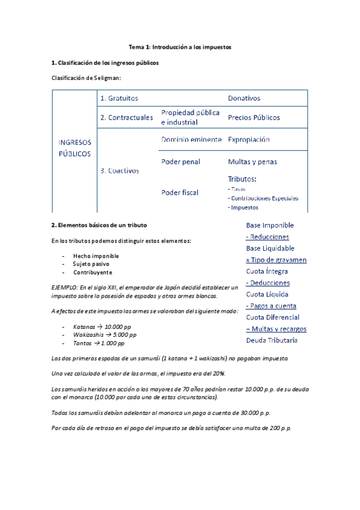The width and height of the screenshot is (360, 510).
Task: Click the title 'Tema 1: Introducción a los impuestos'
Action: click(x=180, y=46)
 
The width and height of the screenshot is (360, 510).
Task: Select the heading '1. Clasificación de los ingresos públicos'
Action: click(x=106, y=62)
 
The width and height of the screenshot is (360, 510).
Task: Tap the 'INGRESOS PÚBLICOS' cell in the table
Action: click(x=75, y=148)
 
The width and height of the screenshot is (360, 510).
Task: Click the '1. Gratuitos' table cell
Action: click(x=119, y=98)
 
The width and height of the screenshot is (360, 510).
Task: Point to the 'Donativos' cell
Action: click(x=244, y=98)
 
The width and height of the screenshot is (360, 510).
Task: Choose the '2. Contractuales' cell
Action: click(x=126, y=117)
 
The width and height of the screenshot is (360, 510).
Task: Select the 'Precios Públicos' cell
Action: click(x=254, y=117)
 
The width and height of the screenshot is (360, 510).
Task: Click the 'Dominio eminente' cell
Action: click(x=189, y=140)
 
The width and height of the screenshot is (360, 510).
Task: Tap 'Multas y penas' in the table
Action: click(x=252, y=162)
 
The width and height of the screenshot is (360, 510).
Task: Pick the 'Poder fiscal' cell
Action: click(x=180, y=192)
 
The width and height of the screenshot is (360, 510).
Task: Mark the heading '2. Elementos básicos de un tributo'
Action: click(x=98, y=226)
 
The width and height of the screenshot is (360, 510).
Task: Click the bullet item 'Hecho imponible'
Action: click(x=96, y=256)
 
